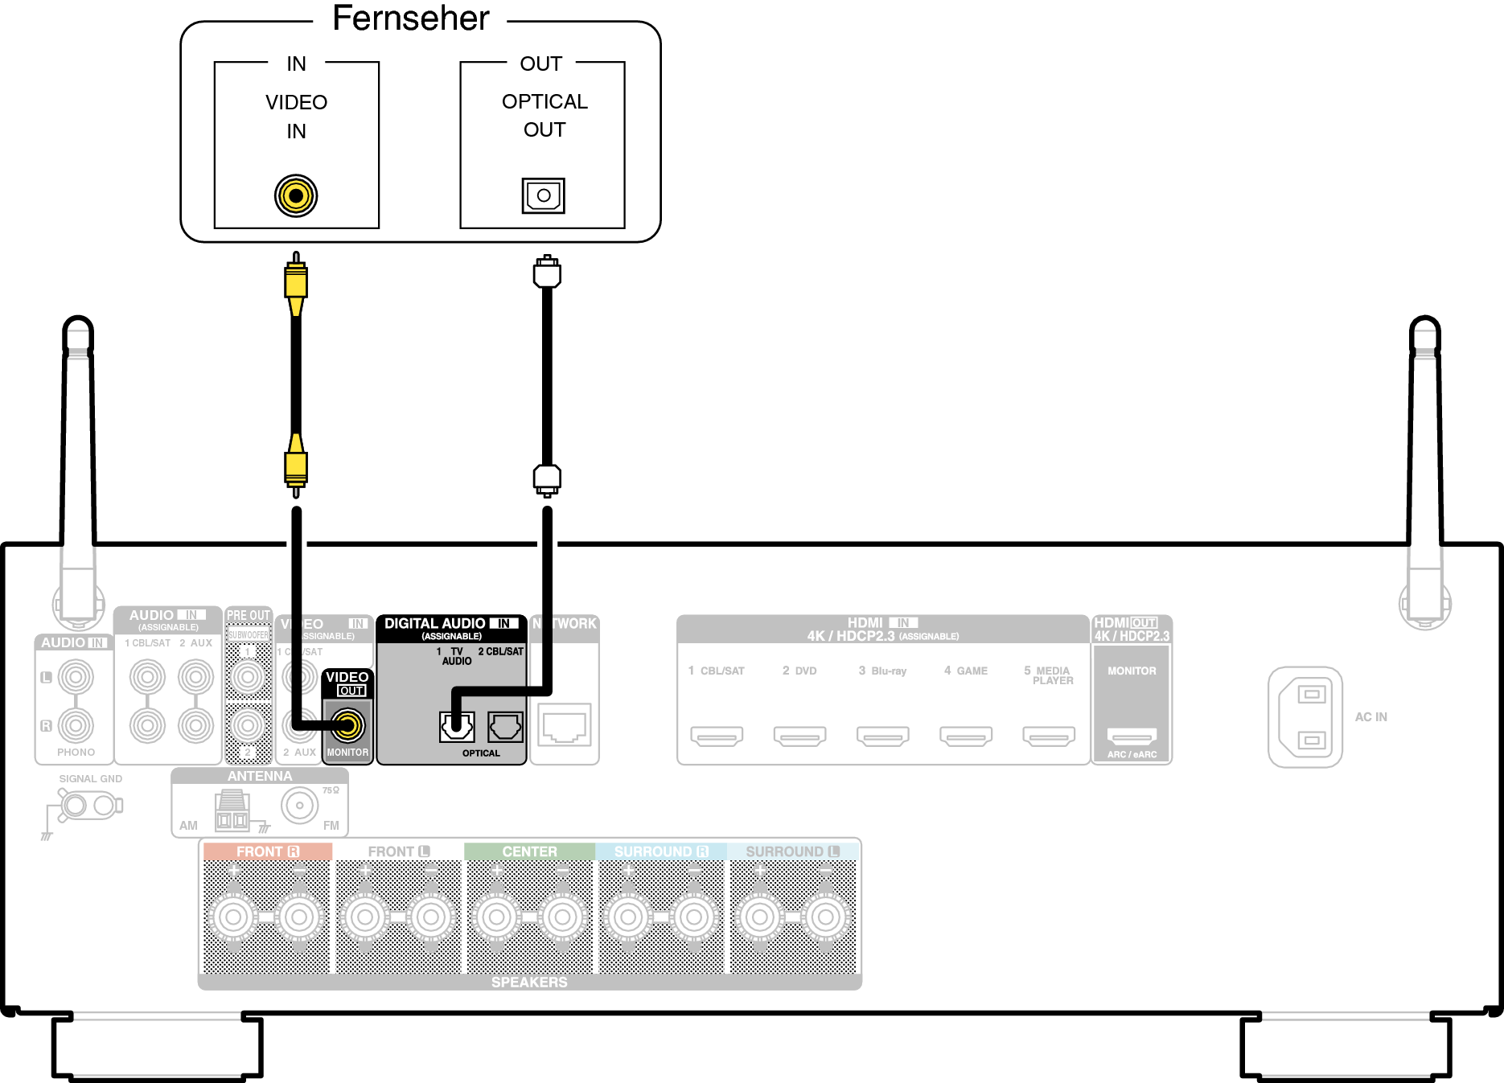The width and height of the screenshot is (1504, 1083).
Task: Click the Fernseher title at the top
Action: tap(410, 18)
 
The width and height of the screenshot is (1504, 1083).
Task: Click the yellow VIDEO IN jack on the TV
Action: tap(296, 195)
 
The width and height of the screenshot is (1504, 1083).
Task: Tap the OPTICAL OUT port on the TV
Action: tap(544, 195)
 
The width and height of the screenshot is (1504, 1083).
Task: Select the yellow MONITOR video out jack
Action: tap(347, 725)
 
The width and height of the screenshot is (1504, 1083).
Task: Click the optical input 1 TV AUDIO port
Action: tap(456, 727)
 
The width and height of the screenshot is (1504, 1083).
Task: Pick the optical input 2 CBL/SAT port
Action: tap(505, 727)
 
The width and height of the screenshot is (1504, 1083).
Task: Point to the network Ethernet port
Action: tap(565, 725)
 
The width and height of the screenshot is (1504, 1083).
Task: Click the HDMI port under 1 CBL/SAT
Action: tap(717, 735)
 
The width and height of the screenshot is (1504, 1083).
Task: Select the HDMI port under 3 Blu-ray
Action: tap(882, 735)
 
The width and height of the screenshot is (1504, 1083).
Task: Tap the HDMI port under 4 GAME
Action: tap(966, 735)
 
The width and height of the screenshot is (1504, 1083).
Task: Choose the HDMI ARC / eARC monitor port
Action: tap(1132, 735)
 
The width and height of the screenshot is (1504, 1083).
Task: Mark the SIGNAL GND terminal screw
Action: tap(75, 805)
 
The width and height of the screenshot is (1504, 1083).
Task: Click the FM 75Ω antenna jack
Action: tap(300, 805)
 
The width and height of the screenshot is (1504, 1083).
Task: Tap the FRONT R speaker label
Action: tap(267, 851)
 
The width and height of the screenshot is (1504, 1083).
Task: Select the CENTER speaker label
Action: tap(529, 851)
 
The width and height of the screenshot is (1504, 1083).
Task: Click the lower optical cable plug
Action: tap(547, 479)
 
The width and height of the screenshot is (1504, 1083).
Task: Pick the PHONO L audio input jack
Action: tap(76, 677)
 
